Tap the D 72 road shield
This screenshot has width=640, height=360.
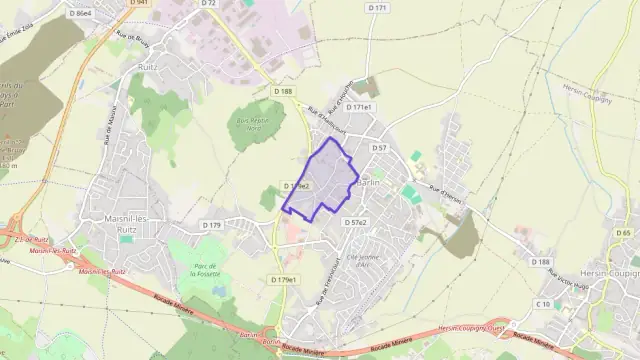[x=208, y=3]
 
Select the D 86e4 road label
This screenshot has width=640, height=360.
[x=81, y=13]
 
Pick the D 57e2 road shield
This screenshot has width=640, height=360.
[x=356, y=221]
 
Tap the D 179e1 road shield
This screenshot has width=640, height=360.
[x=283, y=280]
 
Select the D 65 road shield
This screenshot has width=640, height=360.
[x=625, y=233]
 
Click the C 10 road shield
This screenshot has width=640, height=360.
[x=544, y=303]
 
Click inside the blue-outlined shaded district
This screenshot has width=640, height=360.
[x=325, y=180]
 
